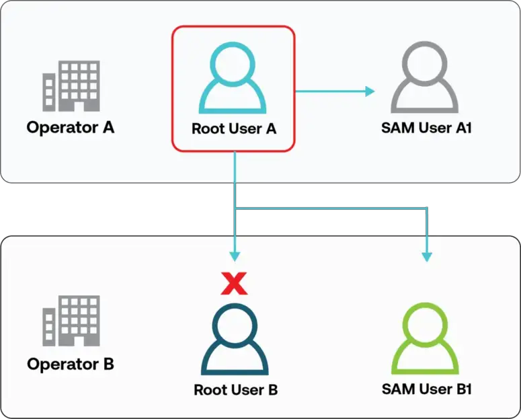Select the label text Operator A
coord(71,127)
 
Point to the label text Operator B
coord(71,365)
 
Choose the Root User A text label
coord(234,128)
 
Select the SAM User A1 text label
coord(427,127)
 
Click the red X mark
coord(234,284)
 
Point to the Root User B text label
coord(235,390)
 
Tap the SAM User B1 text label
coord(427,389)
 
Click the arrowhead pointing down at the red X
coord(234,256)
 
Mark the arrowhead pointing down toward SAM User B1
coord(426,256)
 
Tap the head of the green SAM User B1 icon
coord(426,323)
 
